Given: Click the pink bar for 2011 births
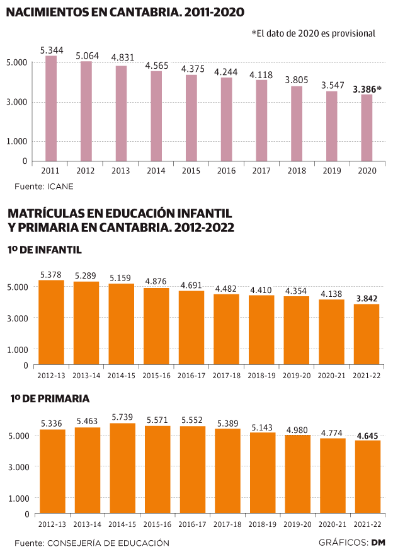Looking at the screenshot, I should tap(51, 108).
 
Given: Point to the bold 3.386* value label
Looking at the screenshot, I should tap(367, 89).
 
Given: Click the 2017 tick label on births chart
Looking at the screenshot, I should tap(261, 171).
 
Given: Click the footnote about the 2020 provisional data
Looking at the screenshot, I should tap(313, 33).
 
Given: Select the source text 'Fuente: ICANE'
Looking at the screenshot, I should tap(40, 187).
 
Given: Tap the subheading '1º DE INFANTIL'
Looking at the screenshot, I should tap(45, 250).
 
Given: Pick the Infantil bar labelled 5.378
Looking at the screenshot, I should tap(51, 322).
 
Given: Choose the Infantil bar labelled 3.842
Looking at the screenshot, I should tap(367, 334).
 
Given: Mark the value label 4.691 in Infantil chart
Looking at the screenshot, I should tap(191, 286).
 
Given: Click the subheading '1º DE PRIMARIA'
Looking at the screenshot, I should tap(50, 398).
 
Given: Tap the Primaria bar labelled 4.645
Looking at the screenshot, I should tap(367, 477).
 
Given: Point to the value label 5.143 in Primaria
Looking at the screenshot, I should tap(262, 427).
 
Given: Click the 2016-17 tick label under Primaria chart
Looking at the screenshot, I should tap(191, 524).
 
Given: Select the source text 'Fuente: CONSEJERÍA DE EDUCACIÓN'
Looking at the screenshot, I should tap(92, 543).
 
